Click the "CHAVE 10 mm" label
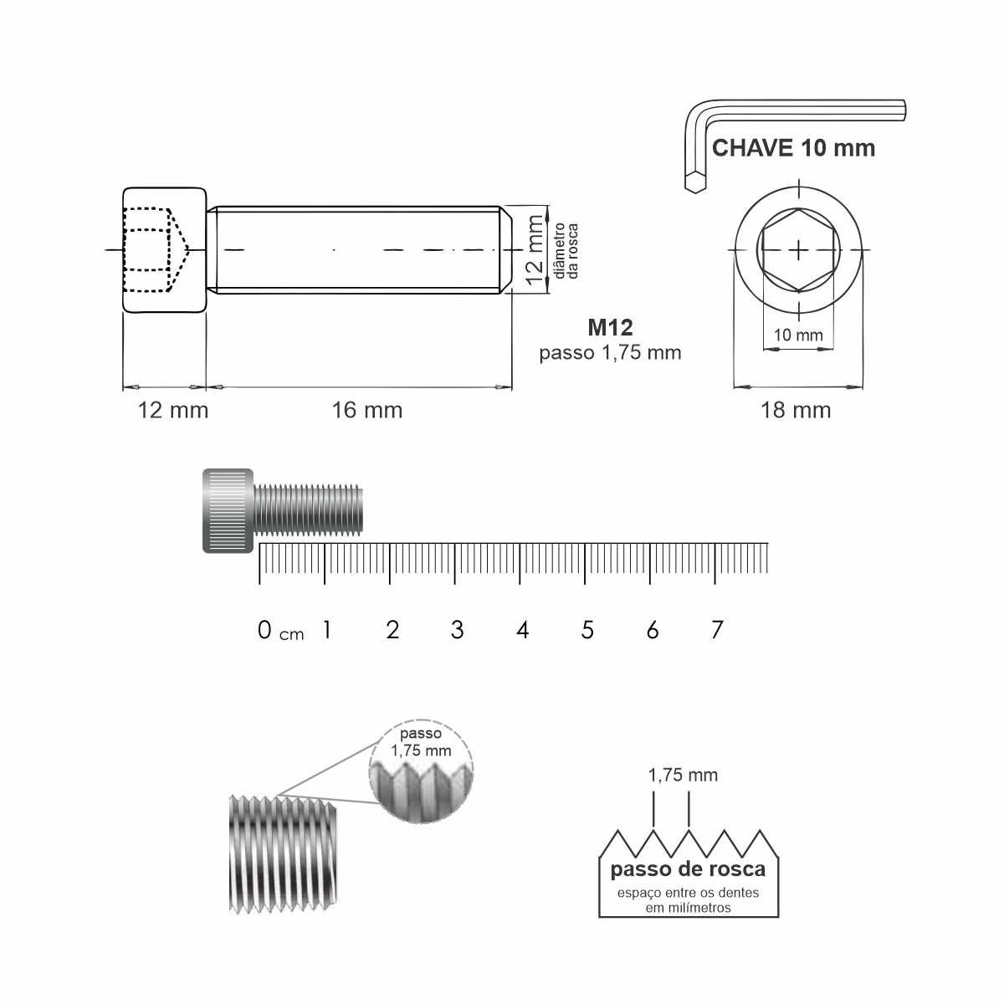pyautogui.click(x=793, y=148)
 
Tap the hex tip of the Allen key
pyautogui.click(x=694, y=182)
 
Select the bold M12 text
pyautogui.click(x=610, y=327)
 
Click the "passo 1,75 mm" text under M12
pyautogui.click(x=610, y=353)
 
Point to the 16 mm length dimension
pyautogui.click(x=367, y=410)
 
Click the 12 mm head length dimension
pyautogui.click(x=173, y=410)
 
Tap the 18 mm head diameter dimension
pyautogui.click(x=796, y=410)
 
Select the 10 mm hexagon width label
pyautogui.click(x=797, y=335)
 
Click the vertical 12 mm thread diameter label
pyautogui.click(x=535, y=250)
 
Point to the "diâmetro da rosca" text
pyautogui.click(x=566, y=251)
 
